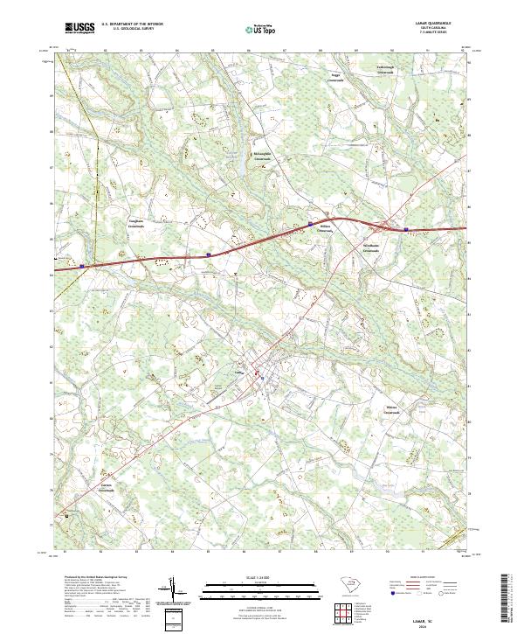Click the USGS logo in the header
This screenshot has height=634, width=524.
tap(79, 28)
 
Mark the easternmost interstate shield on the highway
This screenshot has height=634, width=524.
tap(406, 230)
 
